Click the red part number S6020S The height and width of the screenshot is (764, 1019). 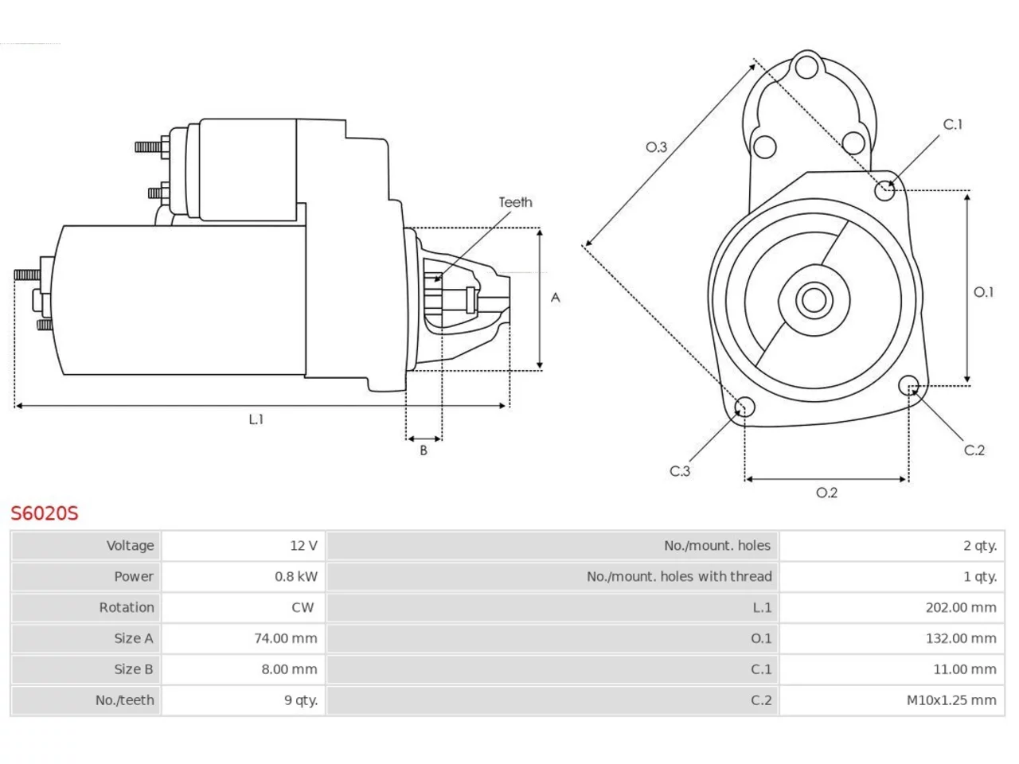tap(45, 513)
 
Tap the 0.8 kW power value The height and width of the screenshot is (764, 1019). tap(295, 577)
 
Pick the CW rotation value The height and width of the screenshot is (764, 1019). tap(303, 608)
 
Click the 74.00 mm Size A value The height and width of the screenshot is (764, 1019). tap(286, 639)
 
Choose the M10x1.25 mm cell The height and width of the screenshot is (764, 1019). tap(951, 700)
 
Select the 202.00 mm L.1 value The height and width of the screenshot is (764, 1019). tap(961, 608)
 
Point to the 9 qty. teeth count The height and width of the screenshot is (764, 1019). tap(301, 700)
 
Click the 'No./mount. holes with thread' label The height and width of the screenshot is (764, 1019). tap(679, 577)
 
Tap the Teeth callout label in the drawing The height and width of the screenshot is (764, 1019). tap(515, 202)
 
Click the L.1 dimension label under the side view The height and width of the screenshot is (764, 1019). tap(256, 419)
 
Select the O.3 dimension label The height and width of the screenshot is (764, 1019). tap(656, 147)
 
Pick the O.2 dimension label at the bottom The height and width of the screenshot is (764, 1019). tap(826, 493)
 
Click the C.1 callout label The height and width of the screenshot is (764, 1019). tap(953, 124)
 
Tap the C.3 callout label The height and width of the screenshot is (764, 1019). tap(680, 471)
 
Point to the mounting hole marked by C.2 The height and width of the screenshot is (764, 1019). tap(908, 385)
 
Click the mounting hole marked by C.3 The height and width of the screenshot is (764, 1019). tap(744, 407)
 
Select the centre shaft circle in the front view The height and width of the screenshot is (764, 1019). tap(814, 300)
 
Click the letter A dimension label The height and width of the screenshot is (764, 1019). tap(555, 298)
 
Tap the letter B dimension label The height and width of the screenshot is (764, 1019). tap(424, 450)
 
